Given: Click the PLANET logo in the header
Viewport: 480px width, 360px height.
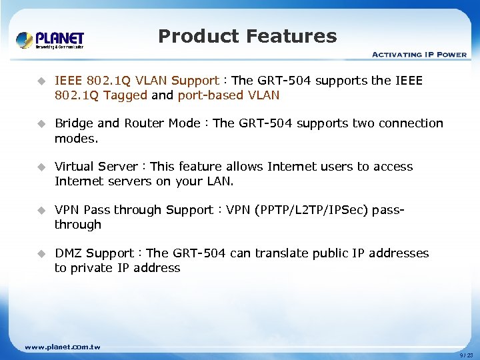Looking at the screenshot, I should click(x=50, y=39).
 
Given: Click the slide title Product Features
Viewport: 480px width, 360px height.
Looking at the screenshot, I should click(x=247, y=36).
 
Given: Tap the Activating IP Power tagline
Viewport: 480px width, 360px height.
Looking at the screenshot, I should click(x=419, y=55).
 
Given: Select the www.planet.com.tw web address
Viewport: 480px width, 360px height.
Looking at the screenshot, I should click(x=62, y=347).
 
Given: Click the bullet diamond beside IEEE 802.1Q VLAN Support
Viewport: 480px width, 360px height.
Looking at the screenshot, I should click(x=41, y=81).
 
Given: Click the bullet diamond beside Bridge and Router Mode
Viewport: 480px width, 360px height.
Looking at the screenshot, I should click(x=41, y=123).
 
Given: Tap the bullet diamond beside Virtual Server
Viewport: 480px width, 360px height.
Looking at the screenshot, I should click(x=41, y=167).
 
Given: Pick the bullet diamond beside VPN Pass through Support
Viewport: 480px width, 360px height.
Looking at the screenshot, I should click(x=41, y=210).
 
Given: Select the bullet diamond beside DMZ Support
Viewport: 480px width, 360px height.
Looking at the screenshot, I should click(x=41, y=253).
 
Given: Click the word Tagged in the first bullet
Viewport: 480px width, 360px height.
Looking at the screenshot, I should click(x=125, y=95).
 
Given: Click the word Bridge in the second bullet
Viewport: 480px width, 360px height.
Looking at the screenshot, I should click(x=75, y=123).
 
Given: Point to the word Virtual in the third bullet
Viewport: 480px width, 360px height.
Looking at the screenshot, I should click(x=75, y=167).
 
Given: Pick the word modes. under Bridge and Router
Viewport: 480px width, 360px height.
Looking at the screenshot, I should click(x=76, y=138).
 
